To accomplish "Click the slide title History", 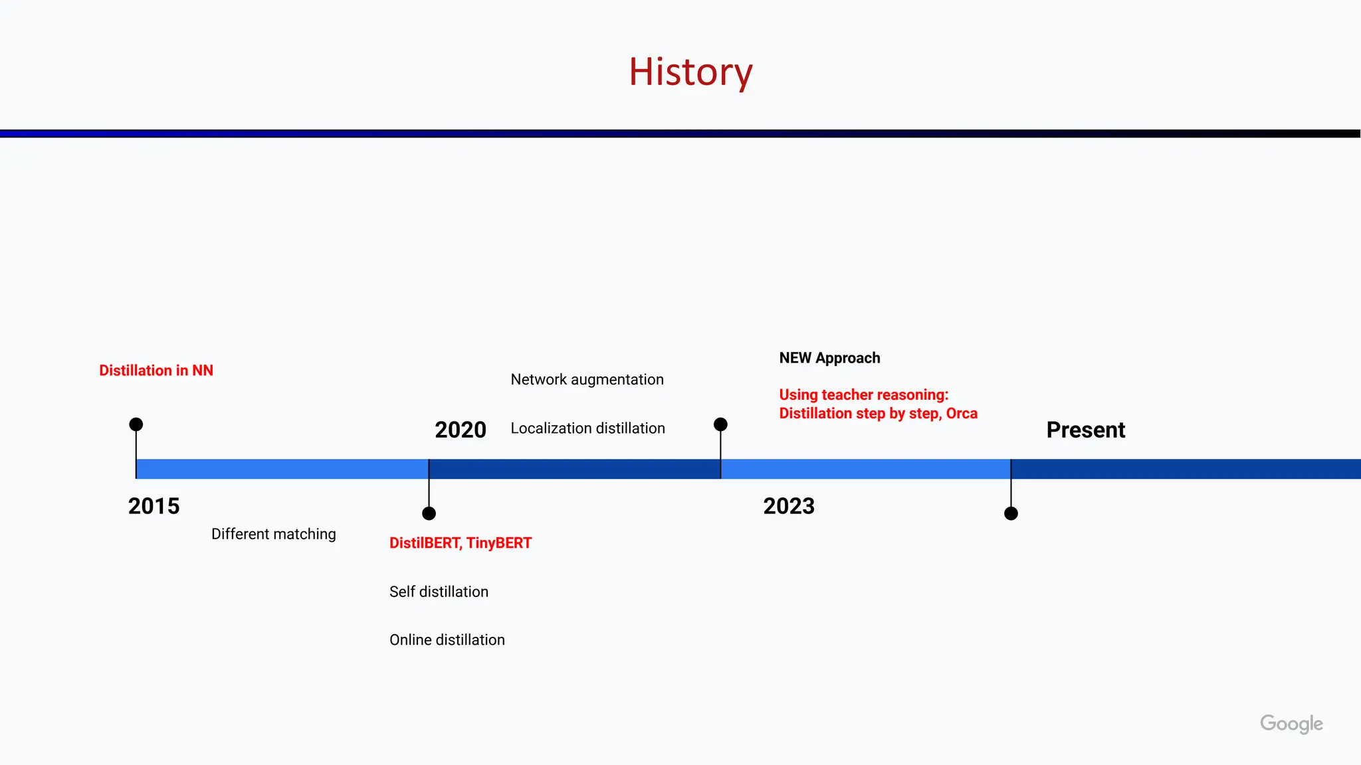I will point(690,72).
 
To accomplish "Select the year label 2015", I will point(154,506).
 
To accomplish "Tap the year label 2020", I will point(460,430).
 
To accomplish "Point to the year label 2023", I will point(788,506).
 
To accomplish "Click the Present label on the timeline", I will point(1085,430).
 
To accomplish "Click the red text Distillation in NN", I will point(156,371).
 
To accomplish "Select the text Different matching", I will point(273,534).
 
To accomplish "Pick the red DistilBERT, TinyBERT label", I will point(460,543).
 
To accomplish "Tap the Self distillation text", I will point(439,592).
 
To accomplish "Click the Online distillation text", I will point(447,639).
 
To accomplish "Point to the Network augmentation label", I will point(587,379).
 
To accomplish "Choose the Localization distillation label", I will point(587,428).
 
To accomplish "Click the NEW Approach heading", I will point(829,358).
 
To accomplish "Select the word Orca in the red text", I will point(962,413).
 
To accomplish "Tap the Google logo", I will point(1291,723).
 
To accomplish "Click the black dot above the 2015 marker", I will point(136,424).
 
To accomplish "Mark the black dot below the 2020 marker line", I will point(429,513).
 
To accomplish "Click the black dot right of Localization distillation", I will point(720,424).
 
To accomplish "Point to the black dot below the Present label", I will point(1011,513).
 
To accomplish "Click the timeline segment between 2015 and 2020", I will point(282,469).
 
